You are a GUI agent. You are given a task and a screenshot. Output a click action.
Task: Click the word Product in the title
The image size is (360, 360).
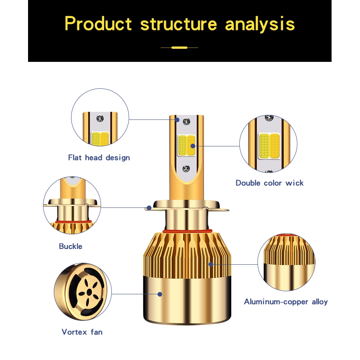click(98, 23)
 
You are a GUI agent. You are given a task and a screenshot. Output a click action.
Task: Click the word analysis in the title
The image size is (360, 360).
click(260, 25)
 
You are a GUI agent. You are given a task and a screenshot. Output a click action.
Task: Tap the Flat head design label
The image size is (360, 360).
click(99, 158)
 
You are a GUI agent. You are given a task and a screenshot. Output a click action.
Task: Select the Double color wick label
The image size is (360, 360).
click(270, 183)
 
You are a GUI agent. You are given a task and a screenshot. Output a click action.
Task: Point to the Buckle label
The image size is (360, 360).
click(70, 246)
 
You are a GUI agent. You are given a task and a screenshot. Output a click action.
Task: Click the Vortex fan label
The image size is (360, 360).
click(82, 332)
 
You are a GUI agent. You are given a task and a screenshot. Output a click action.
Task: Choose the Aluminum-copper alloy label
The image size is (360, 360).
click(286, 302)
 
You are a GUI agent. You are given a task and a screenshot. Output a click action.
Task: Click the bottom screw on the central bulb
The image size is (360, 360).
click(186, 169)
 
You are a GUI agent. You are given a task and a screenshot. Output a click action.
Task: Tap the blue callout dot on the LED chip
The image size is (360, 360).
click(193, 146)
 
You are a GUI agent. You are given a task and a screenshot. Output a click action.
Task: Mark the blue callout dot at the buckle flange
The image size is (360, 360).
click(149, 208)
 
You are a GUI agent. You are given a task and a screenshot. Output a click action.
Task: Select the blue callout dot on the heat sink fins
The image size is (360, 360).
click(211, 264)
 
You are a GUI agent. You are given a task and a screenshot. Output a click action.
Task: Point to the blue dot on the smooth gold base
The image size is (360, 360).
click(160, 294)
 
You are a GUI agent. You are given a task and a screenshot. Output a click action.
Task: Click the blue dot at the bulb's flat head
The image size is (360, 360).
click(177, 119)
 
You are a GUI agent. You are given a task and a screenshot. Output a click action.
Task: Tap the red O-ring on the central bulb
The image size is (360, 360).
click(187, 231)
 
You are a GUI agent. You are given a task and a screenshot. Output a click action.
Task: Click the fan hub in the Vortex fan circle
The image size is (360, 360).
click(88, 292)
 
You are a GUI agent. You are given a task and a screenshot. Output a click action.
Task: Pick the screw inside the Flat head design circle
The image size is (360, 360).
click(100, 118)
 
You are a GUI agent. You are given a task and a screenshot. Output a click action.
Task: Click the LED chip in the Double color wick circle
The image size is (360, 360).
click(269, 146)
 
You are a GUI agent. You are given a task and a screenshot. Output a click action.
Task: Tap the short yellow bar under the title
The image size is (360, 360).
click(179, 48)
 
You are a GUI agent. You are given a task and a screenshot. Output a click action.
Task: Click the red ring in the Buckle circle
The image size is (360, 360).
click(73, 222)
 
